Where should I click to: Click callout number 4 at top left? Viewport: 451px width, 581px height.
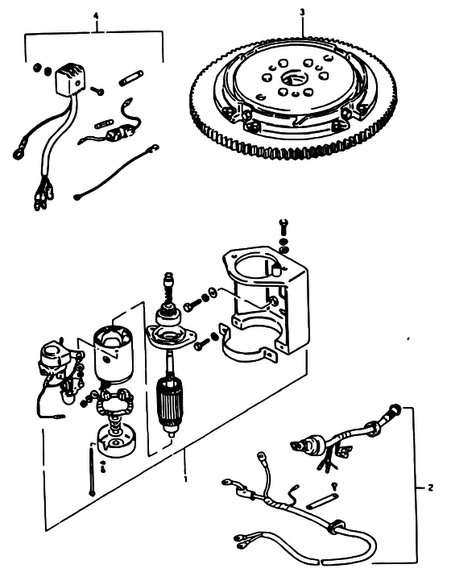97,16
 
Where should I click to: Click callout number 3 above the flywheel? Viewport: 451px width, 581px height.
302,13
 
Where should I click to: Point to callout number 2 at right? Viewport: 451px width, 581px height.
430,488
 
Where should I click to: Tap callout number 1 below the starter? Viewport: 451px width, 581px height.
185,479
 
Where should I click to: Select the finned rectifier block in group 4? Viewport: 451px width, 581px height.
70,80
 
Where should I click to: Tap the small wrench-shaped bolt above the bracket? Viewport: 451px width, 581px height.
284,226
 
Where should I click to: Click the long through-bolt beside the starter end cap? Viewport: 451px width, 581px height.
91,471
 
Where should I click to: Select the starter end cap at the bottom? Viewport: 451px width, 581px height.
116,441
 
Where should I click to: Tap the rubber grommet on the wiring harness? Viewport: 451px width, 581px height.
337,527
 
